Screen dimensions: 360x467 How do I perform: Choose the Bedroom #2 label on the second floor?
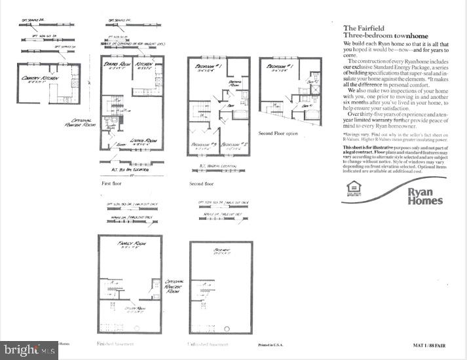pos(233,144)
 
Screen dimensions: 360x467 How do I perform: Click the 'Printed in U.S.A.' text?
pos(269,343)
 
